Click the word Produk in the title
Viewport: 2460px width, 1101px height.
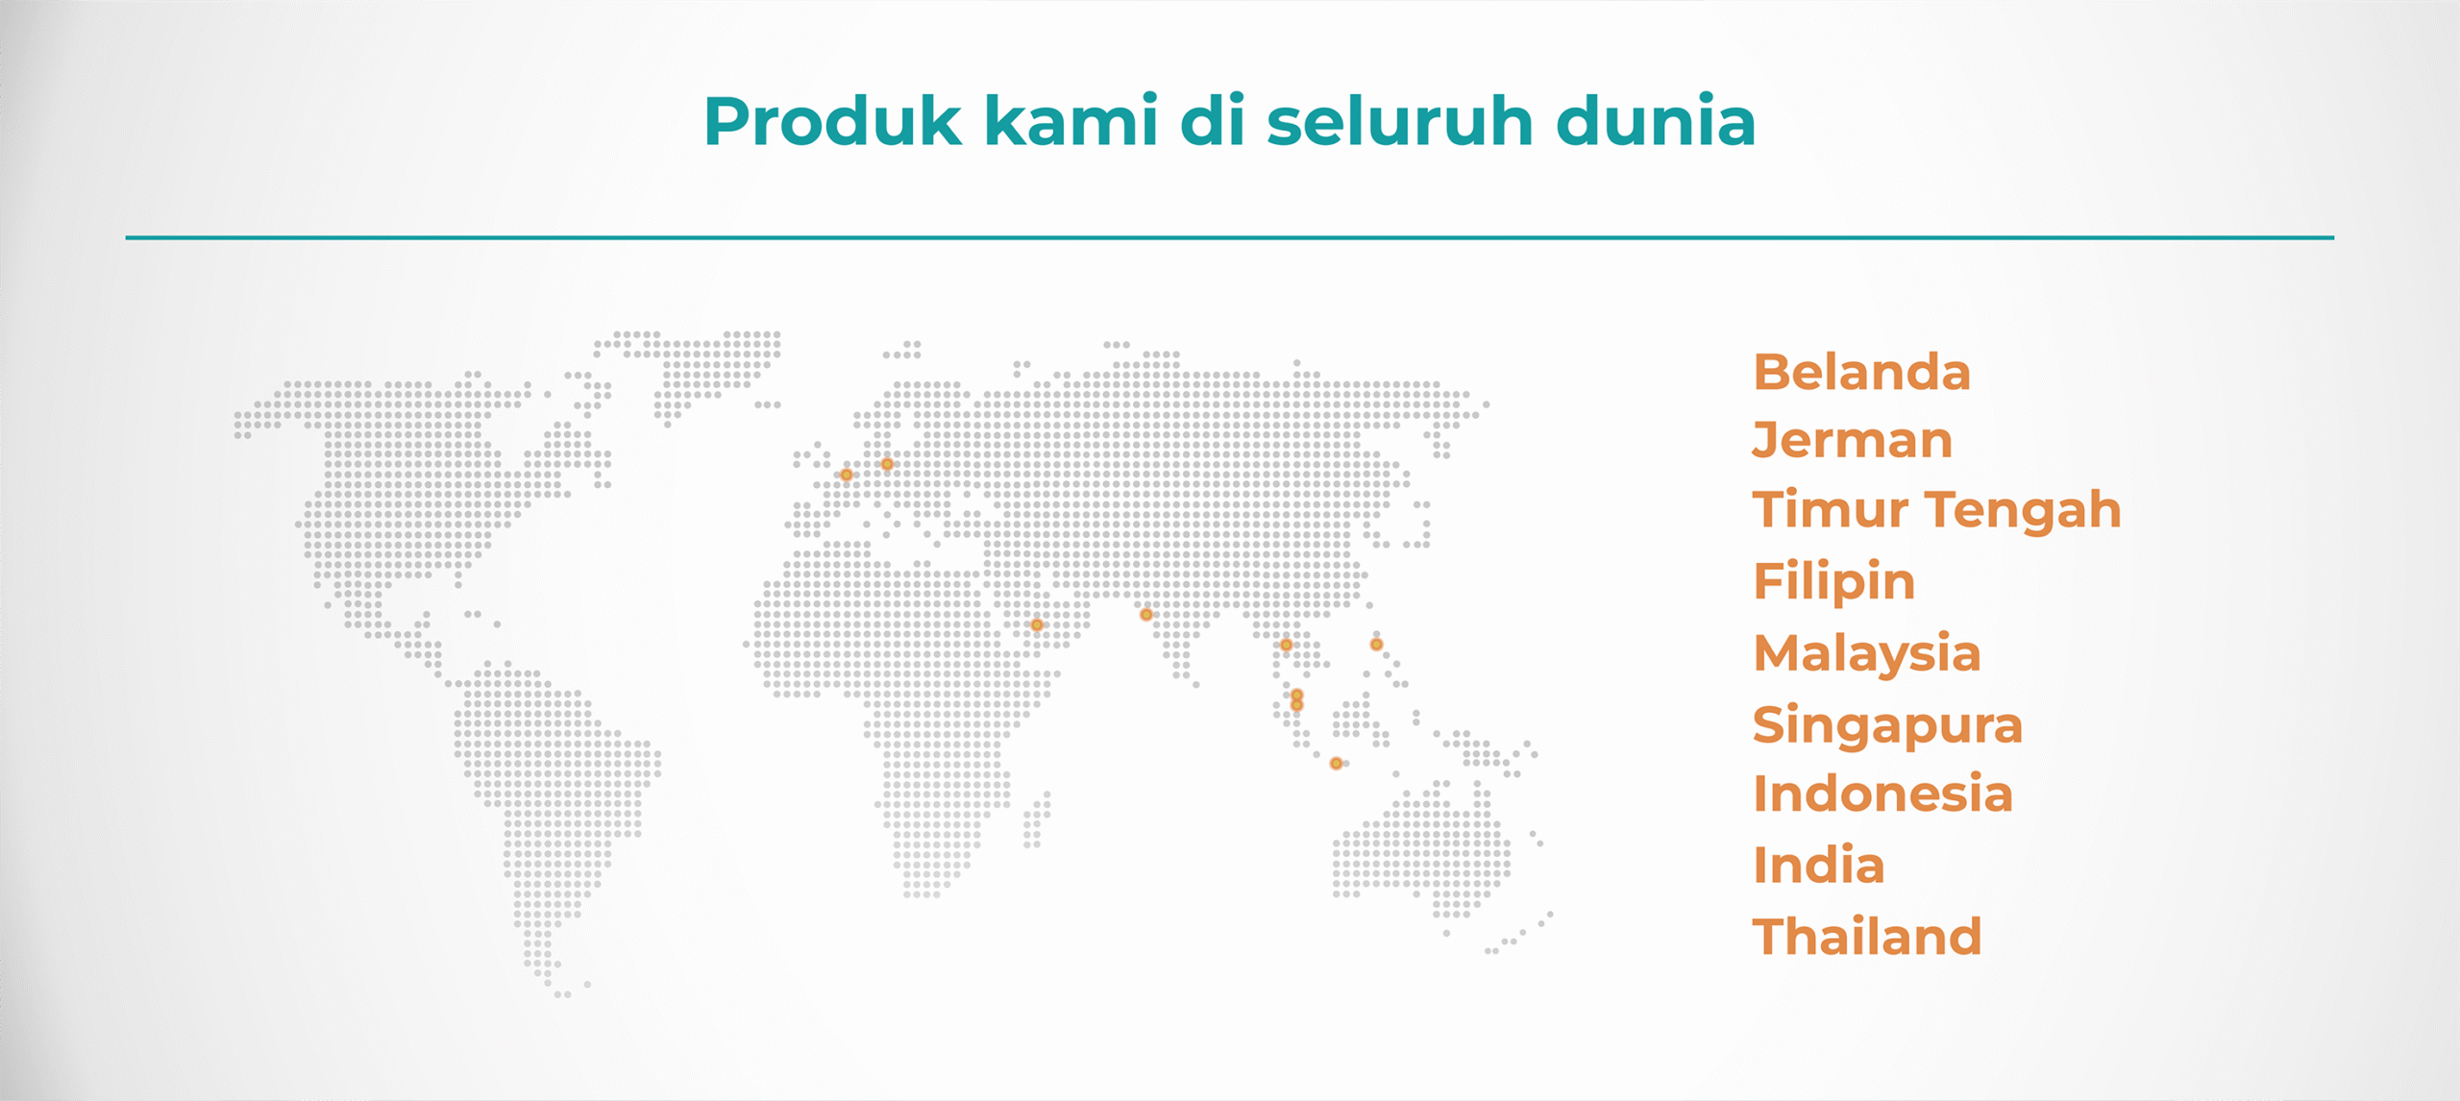point(833,121)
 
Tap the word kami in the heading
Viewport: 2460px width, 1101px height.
point(1071,121)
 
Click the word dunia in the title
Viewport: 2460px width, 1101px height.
point(1656,121)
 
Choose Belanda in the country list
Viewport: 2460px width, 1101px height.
point(1862,372)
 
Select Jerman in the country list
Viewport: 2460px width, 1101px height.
point(1853,441)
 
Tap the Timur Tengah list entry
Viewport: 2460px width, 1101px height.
point(1937,509)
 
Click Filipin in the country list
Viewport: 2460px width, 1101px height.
point(1834,581)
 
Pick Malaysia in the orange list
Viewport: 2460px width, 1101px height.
point(1867,653)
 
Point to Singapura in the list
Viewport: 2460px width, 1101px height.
point(1888,725)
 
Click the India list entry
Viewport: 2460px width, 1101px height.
point(1819,865)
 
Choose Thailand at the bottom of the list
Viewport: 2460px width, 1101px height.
point(1867,937)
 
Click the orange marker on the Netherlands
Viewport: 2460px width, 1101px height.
point(847,475)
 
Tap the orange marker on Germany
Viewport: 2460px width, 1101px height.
point(887,464)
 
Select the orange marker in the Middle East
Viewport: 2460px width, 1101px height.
point(1037,625)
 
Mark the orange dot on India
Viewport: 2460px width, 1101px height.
point(1146,615)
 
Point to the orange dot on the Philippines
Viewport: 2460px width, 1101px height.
point(1376,645)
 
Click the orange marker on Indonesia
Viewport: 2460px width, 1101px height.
point(1336,764)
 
